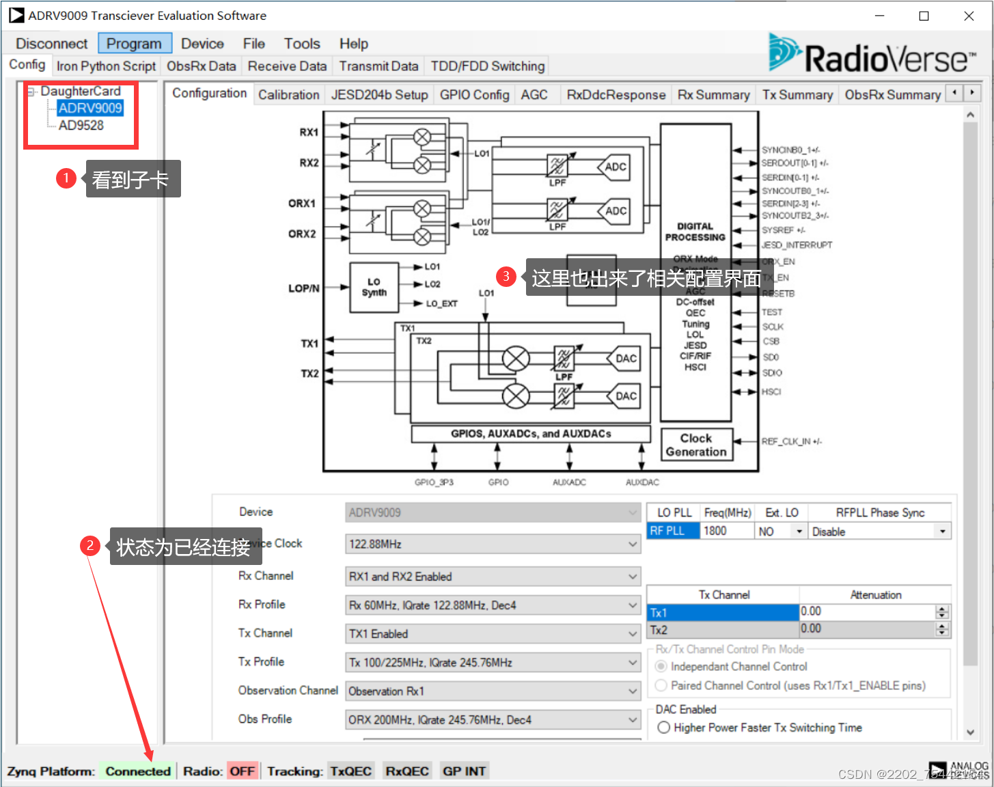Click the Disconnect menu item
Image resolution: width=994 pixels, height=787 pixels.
point(52,44)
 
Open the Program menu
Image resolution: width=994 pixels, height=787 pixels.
point(134,44)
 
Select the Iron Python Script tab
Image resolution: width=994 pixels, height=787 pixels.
point(106,66)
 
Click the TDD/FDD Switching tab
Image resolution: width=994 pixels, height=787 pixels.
point(487,66)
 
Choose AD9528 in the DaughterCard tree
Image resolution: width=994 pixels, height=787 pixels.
point(81,126)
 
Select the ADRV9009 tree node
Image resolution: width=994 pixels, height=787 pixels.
point(89,108)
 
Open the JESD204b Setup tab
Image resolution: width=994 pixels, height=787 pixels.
point(379,95)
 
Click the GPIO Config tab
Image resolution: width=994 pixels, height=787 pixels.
point(474,95)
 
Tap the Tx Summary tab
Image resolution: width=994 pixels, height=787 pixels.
point(797,95)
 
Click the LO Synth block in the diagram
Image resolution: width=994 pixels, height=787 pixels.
point(374,287)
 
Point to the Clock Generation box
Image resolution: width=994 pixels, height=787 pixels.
point(696,445)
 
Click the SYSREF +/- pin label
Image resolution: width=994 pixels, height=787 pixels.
point(784,230)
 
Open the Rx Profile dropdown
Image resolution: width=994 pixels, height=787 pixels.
point(493,605)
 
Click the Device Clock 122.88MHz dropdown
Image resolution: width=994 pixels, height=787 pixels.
point(493,544)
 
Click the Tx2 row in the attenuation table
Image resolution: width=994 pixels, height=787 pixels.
point(723,630)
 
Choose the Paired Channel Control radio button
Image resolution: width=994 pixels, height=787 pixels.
point(661,685)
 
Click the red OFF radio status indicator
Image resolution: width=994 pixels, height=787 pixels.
point(242,771)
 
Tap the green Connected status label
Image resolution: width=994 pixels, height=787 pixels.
point(137,771)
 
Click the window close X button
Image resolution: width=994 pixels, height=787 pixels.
point(969,16)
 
